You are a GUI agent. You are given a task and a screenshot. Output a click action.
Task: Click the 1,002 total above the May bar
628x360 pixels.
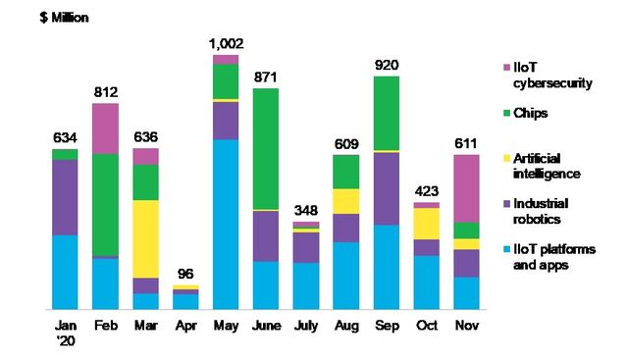point(227,43)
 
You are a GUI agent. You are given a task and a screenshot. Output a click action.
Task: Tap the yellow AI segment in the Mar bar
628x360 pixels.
point(146,238)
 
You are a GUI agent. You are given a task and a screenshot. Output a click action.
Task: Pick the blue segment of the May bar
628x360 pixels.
point(227,224)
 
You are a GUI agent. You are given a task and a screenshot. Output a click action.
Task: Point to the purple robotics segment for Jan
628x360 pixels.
point(65,196)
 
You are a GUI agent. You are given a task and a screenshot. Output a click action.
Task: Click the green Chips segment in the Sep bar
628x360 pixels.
point(386,113)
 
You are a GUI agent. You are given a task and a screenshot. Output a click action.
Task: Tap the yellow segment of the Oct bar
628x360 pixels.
point(426,224)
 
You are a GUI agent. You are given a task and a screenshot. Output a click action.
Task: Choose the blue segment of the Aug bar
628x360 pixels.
point(345,275)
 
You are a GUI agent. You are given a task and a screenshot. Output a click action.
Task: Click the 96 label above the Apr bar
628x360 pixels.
point(186,274)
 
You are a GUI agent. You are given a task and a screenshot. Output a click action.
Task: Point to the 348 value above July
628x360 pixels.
point(306,211)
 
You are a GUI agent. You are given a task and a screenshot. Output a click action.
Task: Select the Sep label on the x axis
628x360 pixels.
point(386,325)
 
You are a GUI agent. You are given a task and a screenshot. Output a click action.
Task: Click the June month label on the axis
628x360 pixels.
point(267,325)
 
